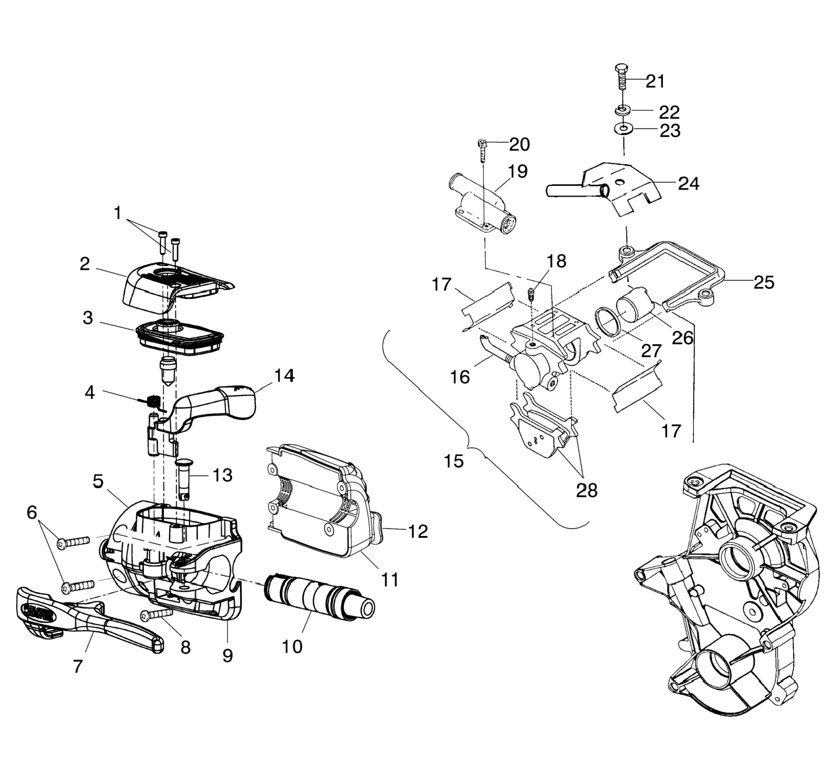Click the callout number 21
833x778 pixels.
[x=655, y=81]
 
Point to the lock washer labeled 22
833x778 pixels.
[x=623, y=110]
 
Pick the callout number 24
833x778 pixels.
[x=688, y=183]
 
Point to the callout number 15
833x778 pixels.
[x=454, y=461]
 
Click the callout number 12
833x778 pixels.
[x=417, y=531]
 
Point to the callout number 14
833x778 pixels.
[x=284, y=375]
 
